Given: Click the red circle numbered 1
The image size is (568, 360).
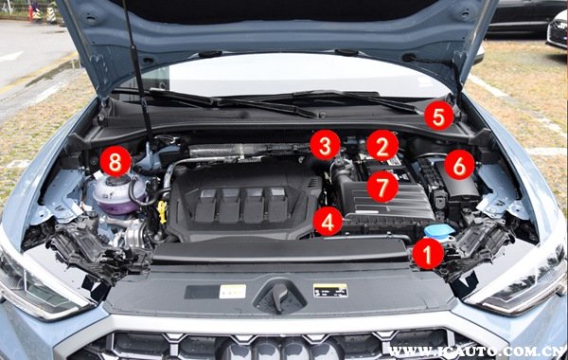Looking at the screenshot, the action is coord(428,254).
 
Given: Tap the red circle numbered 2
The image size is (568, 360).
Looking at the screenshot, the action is coord(382,145).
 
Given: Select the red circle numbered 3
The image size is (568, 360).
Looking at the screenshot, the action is coord(325,145).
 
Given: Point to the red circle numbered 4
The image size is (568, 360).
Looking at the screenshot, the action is coord(328,222).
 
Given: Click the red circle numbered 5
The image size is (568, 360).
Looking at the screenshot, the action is coord(438,116).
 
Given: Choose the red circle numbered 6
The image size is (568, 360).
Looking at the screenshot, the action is coord(459,165).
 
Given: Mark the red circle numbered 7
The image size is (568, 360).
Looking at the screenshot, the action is coord(382,187).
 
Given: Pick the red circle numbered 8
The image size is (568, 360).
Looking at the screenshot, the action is coord(115,161).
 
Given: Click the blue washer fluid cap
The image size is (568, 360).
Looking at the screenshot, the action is coord(439,231).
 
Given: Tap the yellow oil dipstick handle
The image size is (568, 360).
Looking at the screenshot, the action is coord(162,211).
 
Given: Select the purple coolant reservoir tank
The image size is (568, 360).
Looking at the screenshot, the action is coord(115,195).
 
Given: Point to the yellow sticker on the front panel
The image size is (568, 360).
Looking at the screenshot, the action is coord(233,292).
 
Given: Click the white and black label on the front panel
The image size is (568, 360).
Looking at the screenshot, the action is coord(330,291).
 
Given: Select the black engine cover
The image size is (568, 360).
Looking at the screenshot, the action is coord(243,202).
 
